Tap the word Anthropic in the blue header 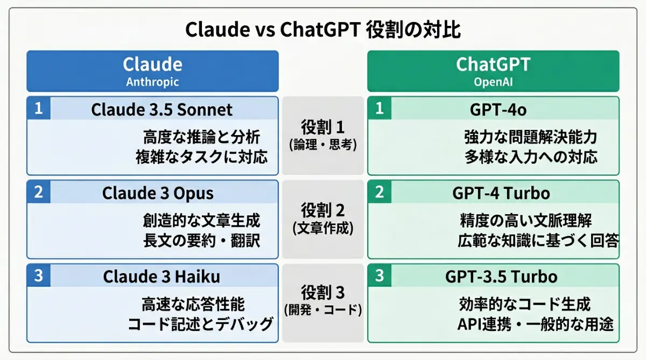152,82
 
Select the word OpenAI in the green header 493,82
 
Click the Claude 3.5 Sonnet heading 161,110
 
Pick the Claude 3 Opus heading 158,193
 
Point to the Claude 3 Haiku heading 161,277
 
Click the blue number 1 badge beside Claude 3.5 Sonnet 38,109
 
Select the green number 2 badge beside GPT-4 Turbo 380,192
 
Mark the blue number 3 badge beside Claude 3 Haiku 38,276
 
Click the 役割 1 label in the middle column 323,128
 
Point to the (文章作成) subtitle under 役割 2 323,228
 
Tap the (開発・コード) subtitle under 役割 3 323,310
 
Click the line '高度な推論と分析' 201,137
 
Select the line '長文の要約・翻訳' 201,241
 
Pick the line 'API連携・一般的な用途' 535,324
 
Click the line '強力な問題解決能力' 530,137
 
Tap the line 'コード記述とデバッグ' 200,324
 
